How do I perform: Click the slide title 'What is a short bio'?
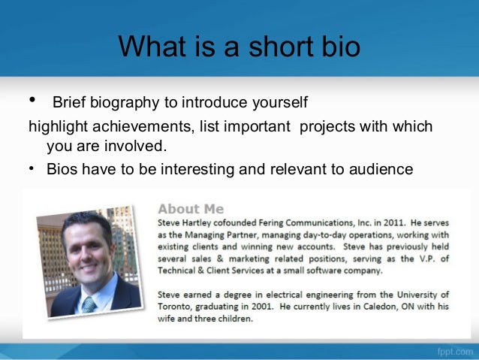pyautogui.click(x=239, y=47)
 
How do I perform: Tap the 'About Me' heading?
pyautogui.click(x=190, y=208)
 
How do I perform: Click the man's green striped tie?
pyautogui.click(x=89, y=303)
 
